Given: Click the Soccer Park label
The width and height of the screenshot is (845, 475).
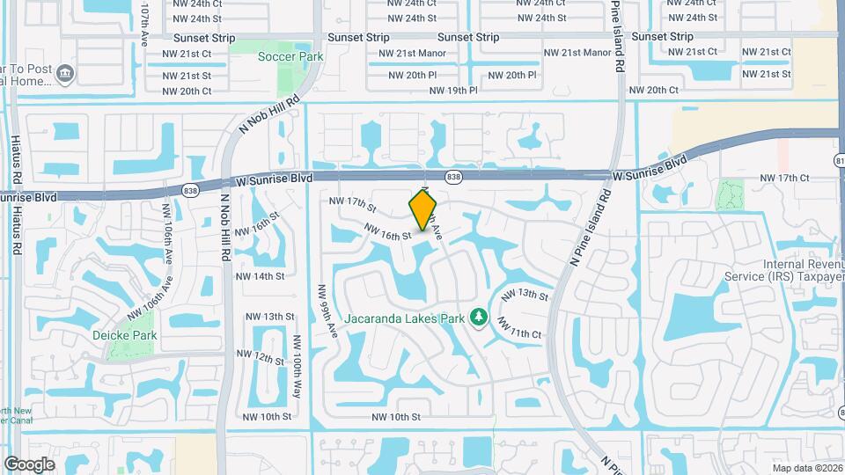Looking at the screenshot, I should point(290,57).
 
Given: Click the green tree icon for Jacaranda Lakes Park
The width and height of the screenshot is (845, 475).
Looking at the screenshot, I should point(479,316).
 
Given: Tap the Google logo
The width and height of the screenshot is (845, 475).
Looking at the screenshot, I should point(29,464).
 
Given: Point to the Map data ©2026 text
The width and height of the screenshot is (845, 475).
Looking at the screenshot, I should point(805,468).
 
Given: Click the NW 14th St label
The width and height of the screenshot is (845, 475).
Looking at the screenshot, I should point(260,276).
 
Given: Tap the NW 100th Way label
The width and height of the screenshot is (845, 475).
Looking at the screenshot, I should point(298,366).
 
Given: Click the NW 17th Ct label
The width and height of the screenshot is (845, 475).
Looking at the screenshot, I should point(784,179).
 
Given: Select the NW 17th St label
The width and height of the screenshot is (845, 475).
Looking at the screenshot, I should point(353,205).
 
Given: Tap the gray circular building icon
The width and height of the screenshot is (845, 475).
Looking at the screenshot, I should point(65,73).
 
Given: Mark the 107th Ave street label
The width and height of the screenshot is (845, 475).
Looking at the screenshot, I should point(147,19).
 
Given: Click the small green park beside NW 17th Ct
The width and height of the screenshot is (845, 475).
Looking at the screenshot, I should point(729,195).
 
